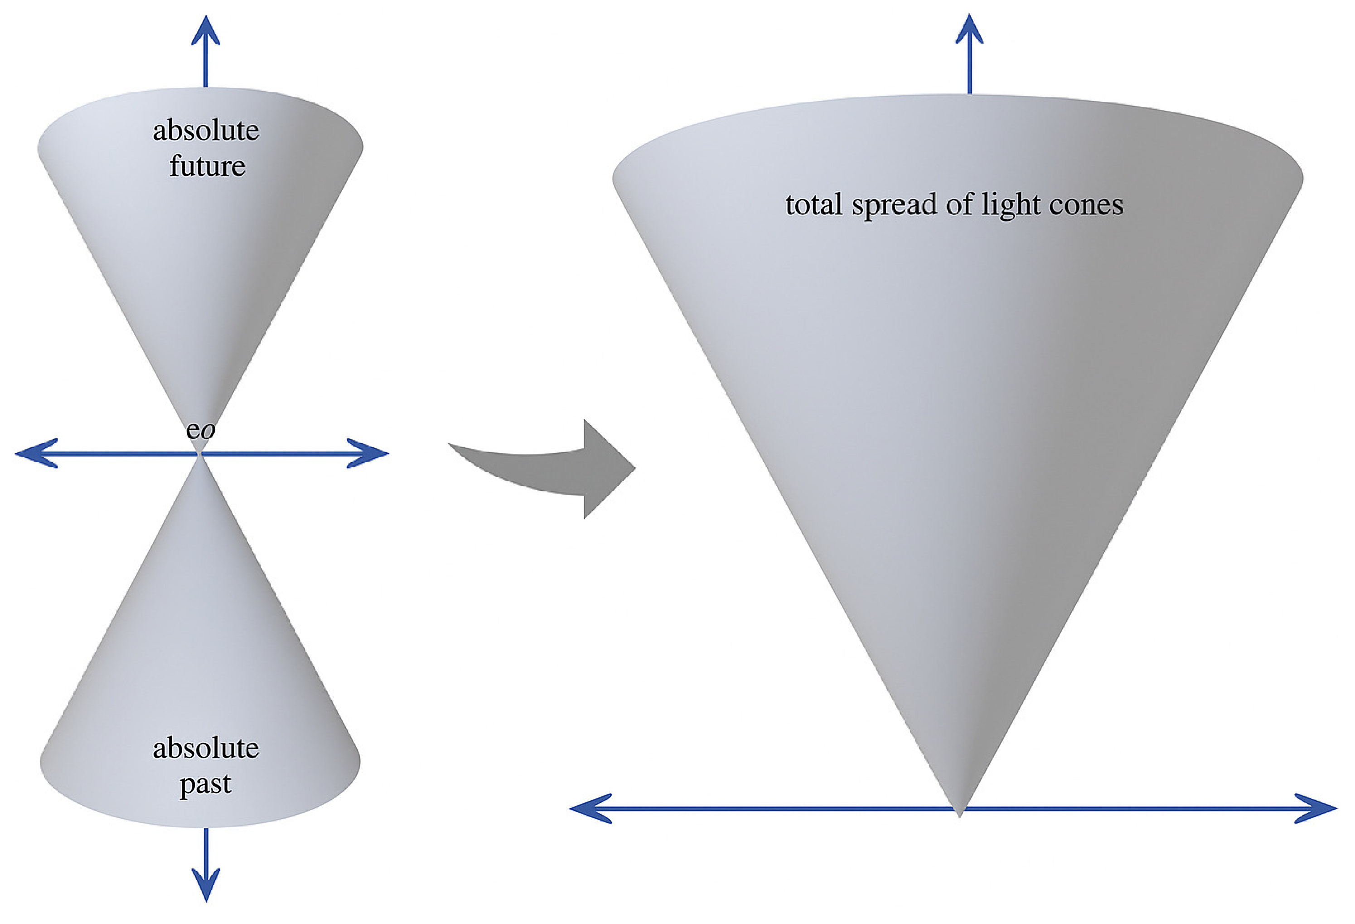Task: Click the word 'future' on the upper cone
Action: click(x=207, y=167)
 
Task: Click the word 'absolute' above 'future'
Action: click(x=206, y=131)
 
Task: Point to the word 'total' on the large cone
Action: click(x=814, y=205)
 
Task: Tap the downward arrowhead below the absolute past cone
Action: click(x=206, y=885)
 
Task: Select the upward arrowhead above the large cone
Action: click(x=969, y=29)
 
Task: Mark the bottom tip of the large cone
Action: click(x=959, y=813)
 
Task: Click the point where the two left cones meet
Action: click(x=200, y=454)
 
